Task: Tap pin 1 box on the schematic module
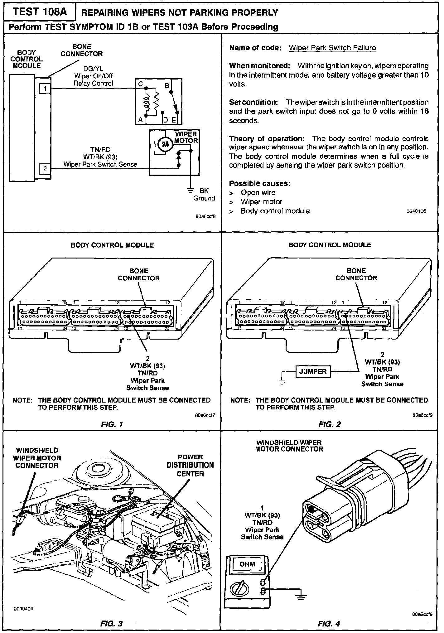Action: tap(45, 89)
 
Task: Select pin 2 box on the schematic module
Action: tap(45, 169)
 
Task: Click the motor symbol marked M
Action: tap(166, 144)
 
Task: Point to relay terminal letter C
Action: tap(141, 84)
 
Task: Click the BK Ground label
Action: tap(204, 194)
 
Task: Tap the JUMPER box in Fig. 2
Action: tap(313, 371)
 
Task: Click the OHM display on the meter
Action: tap(247, 564)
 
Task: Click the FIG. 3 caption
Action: tap(112, 623)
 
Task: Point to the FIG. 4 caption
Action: tap(329, 623)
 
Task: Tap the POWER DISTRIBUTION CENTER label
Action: tap(190, 465)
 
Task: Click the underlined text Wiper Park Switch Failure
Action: tap(332, 48)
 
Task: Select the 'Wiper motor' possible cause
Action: tap(261, 202)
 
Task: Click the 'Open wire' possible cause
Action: tap(258, 193)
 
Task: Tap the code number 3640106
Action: tap(416, 211)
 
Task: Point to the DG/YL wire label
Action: tap(93, 69)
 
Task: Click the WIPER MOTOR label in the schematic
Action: tap(186, 137)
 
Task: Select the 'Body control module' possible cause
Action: tap(275, 211)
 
